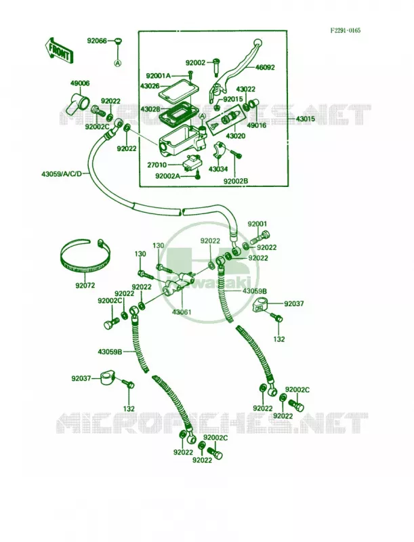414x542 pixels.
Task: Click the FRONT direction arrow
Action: (58, 50)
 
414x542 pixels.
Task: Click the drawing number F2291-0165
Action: (345, 30)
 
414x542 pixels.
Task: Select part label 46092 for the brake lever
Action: (265, 67)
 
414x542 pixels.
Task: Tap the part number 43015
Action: (305, 119)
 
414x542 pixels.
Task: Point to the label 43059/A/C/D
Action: (62, 173)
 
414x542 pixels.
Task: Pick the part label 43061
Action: (182, 312)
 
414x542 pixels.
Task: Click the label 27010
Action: (157, 165)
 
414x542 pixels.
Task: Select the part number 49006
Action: (80, 83)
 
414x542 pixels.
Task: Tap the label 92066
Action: (97, 41)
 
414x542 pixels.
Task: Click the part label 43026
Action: (150, 85)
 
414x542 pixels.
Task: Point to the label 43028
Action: (150, 109)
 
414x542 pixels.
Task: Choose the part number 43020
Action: (236, 136)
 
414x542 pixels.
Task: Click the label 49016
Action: (257, 125)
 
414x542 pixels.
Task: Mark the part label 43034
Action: (218, 169)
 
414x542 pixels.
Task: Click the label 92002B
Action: (236, 181)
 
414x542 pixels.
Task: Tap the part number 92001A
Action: (159, 76)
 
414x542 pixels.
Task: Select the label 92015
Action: (233, 99)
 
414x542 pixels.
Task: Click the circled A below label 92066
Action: (118, 63)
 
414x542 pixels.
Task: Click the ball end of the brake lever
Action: (257, 43)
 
